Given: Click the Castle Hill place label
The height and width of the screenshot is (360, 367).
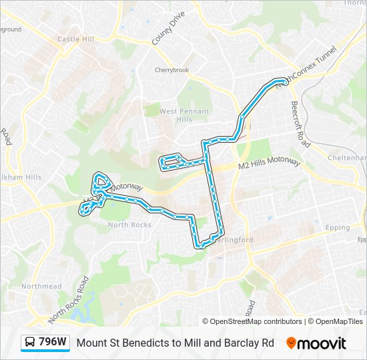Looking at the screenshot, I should (75, 39).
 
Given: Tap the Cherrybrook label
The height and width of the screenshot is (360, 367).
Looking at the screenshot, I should (172, 70).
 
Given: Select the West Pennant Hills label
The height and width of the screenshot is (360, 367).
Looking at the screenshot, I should (184, 115).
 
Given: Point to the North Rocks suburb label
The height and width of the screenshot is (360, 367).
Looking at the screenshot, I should (129, 225).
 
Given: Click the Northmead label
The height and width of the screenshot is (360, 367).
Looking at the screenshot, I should (41, 286).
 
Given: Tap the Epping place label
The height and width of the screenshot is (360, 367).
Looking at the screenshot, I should (338, 227).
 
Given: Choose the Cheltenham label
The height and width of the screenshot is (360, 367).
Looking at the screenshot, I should (348, 157).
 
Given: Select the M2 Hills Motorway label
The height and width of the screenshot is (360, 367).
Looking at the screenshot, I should (270, 167).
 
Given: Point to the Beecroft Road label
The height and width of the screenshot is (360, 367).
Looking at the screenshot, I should (300, 124).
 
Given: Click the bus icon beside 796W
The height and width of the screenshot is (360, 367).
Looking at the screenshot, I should (30, 343).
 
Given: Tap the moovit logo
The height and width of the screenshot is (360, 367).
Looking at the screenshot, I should (316, 343).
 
